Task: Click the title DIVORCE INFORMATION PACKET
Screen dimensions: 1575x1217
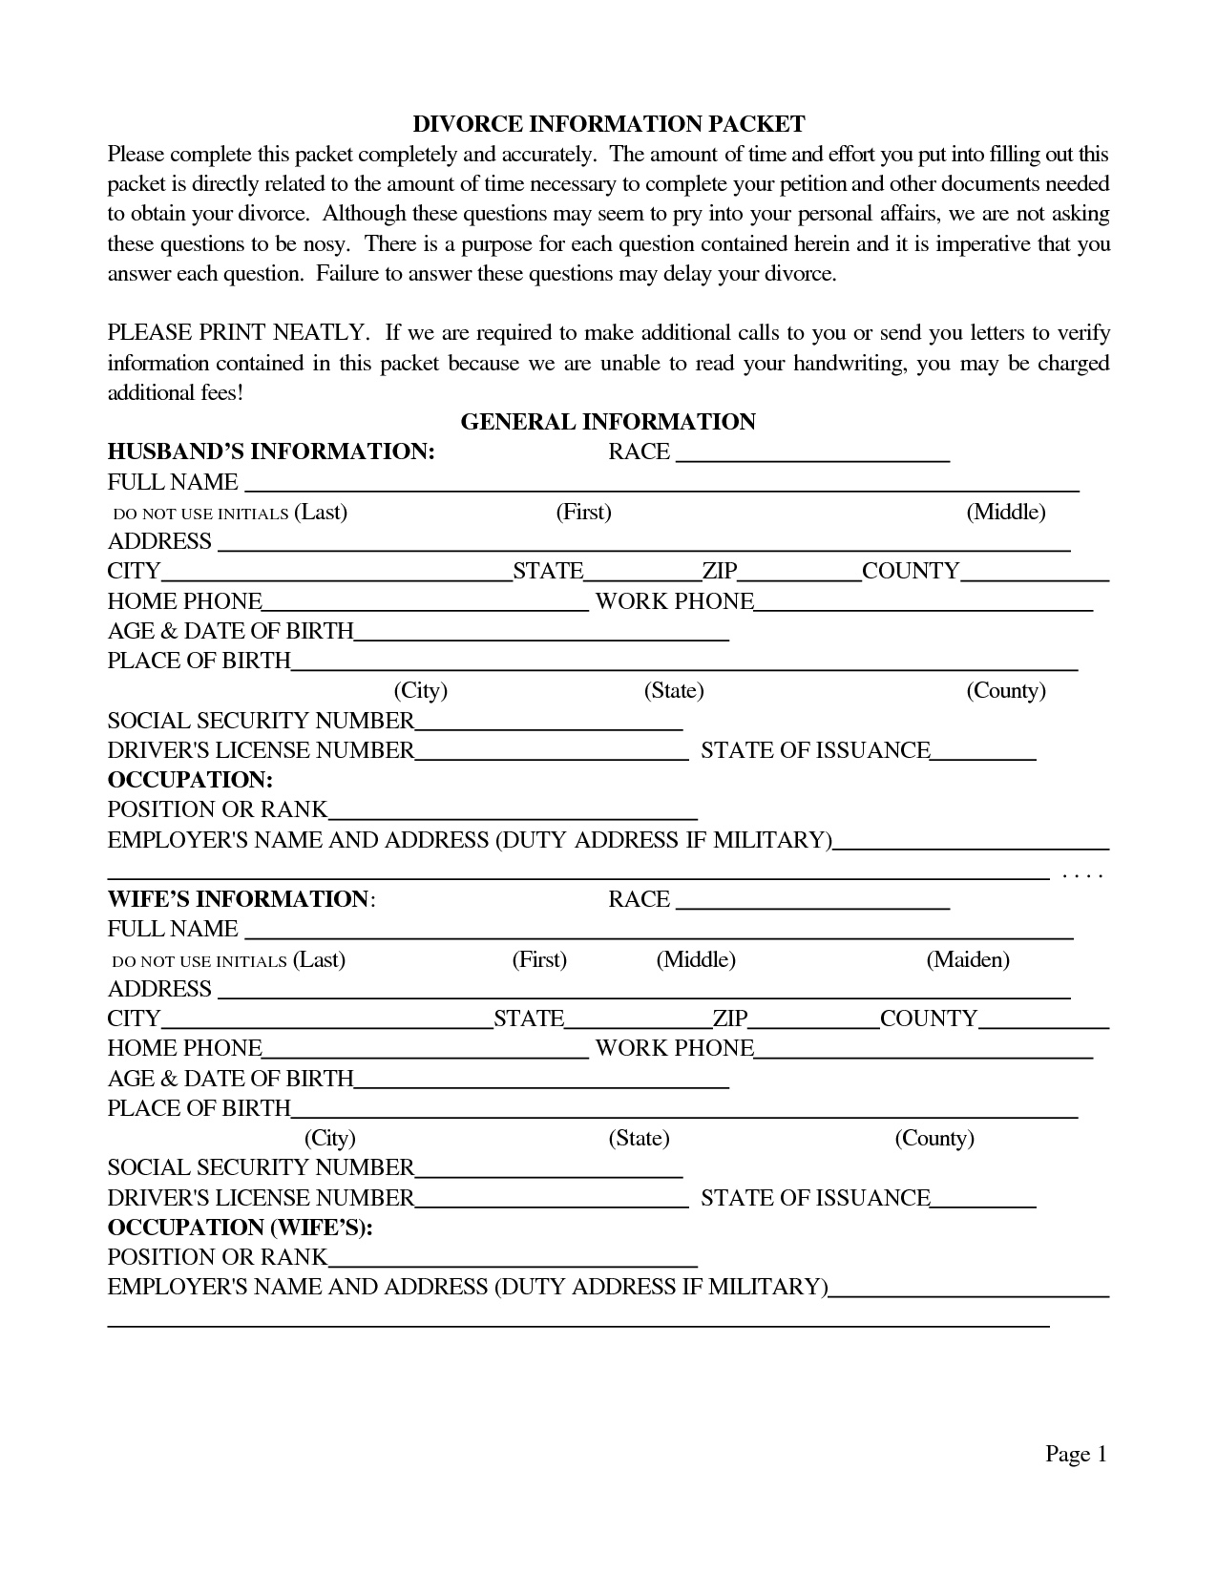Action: click(608, 124)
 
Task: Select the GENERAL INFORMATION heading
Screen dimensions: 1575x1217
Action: click(608, 422)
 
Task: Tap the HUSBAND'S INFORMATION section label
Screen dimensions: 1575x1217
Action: click(271, 451)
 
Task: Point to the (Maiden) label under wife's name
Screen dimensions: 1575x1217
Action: click(967, 959)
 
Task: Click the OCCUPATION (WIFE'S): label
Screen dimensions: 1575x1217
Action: click(240, 1227)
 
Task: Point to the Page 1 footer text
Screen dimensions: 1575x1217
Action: click(1076, 1454)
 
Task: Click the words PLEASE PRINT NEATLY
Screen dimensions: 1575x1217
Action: click(237, 332)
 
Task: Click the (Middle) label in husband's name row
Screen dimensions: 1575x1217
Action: click(1005, 512)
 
